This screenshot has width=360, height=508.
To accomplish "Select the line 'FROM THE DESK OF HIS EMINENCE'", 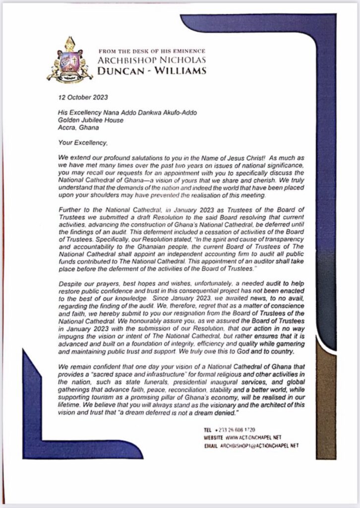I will [x=152, y=51].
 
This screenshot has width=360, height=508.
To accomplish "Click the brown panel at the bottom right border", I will [x=328, y=397].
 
